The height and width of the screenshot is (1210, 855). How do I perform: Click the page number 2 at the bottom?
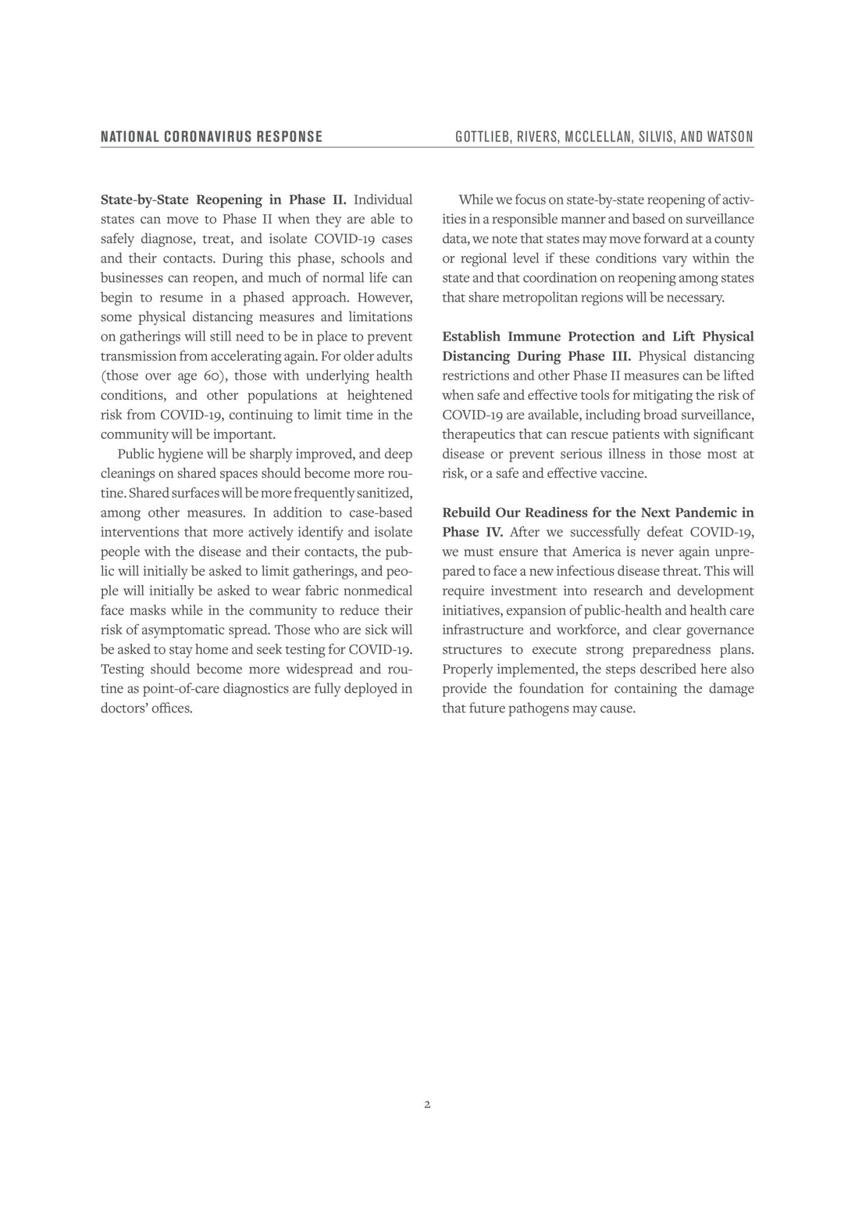(x=427, y=1104)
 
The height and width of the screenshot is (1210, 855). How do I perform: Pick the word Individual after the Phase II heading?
(x=383, y=200)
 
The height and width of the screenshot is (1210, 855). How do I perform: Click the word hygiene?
(x=180, y=454)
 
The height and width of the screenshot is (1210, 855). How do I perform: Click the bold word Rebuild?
(x=465, y=513)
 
